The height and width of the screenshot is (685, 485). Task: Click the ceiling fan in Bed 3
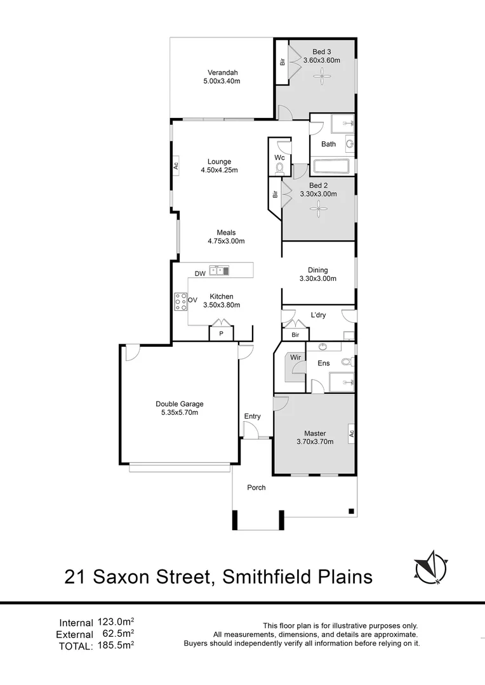pyautogui.click(x=324, y=78)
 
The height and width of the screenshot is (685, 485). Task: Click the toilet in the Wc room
pyautogui.click(x=279, y=168)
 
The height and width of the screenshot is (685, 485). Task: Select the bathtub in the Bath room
pyautogui.click(x=331, y=167)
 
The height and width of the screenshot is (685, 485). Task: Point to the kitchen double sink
pyautogui.click(x=219, y=271)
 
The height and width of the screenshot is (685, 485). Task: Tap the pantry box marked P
pyautogui.click(x=222, y=333)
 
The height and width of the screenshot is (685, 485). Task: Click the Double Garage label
pyautogui.click(x=180, y=403)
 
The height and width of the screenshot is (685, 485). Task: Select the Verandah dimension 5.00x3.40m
pyautogui.click(x=222, y=81)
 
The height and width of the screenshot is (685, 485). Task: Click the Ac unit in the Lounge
pyautogui.click(x=175, y=166)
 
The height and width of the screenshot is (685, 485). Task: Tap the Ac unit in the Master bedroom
pyautogui.click(x=350, y=434)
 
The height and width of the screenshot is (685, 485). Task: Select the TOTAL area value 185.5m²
pyautogui.click(x=117, y=645)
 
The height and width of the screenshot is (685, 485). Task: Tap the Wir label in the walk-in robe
pyautogui.click(x=295, y=358)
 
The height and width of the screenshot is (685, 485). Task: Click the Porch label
pyautogui.click(x=256, y=488)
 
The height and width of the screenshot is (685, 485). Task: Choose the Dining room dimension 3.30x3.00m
pyautogui.click(x=318, y=278)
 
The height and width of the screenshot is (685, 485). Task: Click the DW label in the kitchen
pyautogui.click(x=200, y=274)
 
